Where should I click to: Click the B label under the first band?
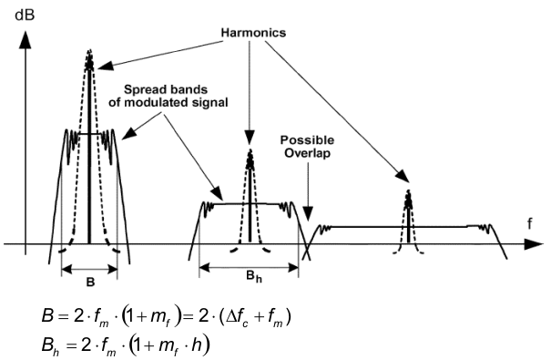pos(89,283)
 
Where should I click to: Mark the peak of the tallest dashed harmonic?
pos(89,51)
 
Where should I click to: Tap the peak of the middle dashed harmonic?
pos(250,152)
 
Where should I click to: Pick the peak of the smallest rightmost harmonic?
pos(408,193)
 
